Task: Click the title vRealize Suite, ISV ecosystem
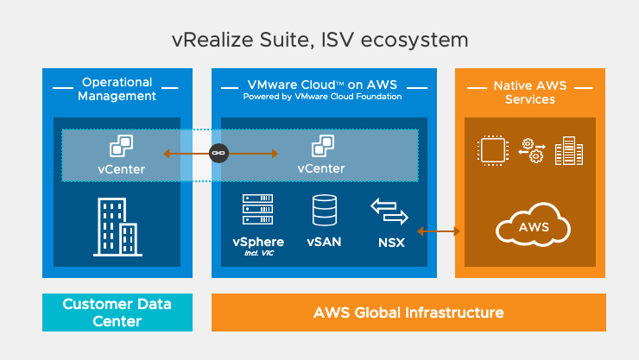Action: pos(319,40)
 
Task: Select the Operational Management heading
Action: pos(117,89)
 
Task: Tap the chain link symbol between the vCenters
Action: pos(219,155)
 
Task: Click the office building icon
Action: pos(117,227)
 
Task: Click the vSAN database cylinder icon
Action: pos(324,210)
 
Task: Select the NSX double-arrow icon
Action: pos(389,211)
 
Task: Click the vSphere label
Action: pos(258,242)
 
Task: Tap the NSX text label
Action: pos(391,243)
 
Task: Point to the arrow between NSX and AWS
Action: pos(439,231)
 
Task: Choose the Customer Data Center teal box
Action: pos(117,313)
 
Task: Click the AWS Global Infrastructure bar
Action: pos(408,313)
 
